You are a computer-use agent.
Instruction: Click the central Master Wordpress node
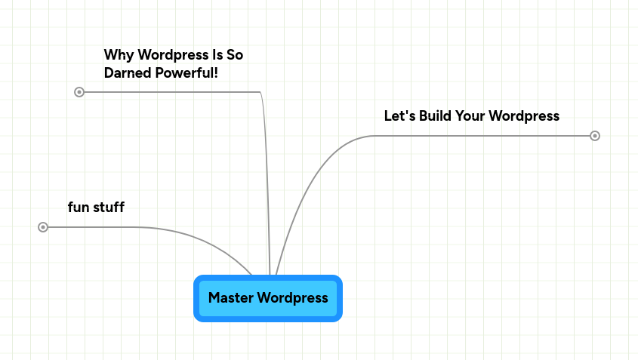268,298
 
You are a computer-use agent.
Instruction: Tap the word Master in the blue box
230,298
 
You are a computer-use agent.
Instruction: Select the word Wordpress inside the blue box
292,298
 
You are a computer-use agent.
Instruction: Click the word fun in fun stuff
79,207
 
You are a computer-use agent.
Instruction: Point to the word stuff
109,207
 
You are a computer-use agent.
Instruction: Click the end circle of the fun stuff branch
43,227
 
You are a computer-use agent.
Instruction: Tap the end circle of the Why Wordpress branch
79,92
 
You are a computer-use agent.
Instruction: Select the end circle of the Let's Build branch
595,136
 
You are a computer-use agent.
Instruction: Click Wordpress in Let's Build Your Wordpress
525,116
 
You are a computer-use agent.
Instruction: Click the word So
235,55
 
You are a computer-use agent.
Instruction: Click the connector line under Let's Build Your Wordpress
483,136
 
